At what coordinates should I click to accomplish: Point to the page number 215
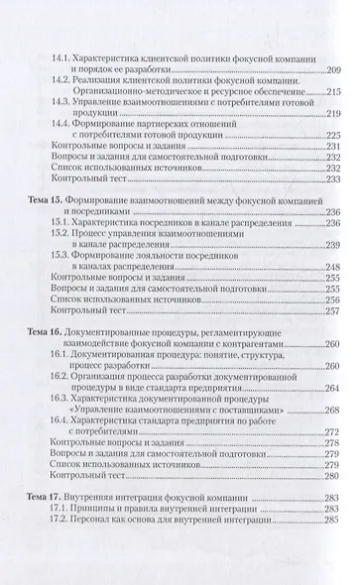(330, 91)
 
